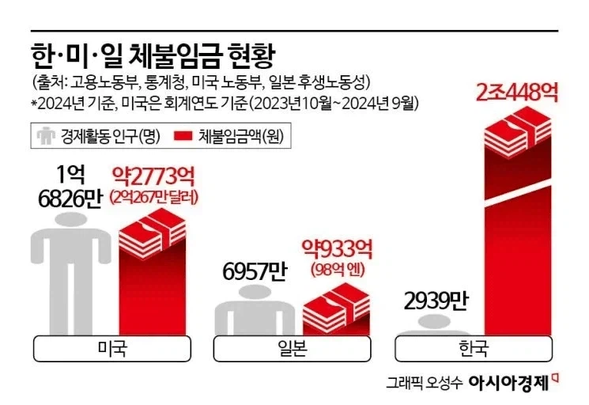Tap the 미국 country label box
pyautogui.click(x=111, y=348)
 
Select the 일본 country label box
pyautogui.click(x=293, y=348)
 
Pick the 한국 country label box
pyautogui.click(x=474, y=348)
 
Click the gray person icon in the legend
pyautogui.click(x=46, y=136)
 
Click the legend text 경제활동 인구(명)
pyautogui.click(x=110, y=137)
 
